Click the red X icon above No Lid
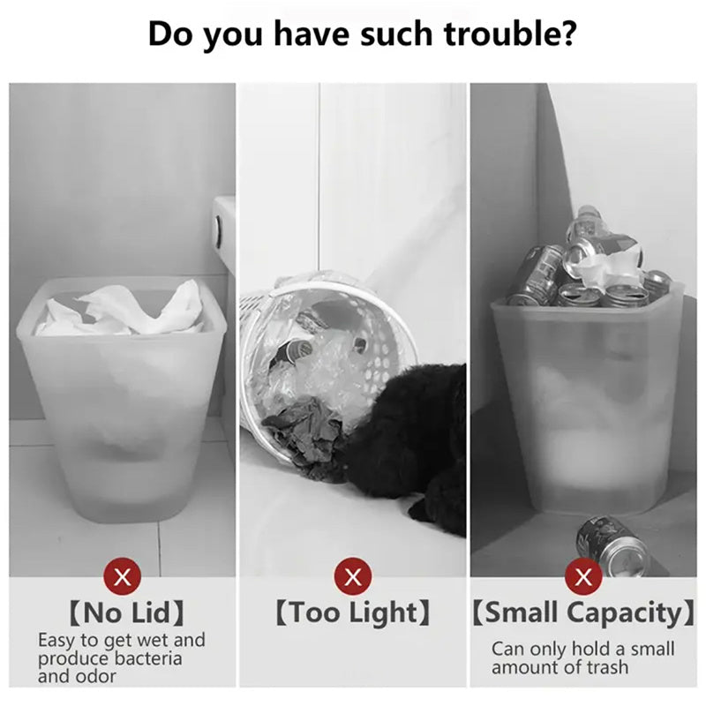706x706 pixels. (x=124, y=578)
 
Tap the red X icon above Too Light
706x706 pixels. (x=352, y=578)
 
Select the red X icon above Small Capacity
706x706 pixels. (x=582, y=578)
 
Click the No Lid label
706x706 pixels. (x=124, y=612)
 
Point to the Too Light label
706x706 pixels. (x=352, y=612)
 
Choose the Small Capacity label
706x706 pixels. (x=583, y=612)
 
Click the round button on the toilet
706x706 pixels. (x=217, y=228)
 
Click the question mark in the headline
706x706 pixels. (x=568, y=34)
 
